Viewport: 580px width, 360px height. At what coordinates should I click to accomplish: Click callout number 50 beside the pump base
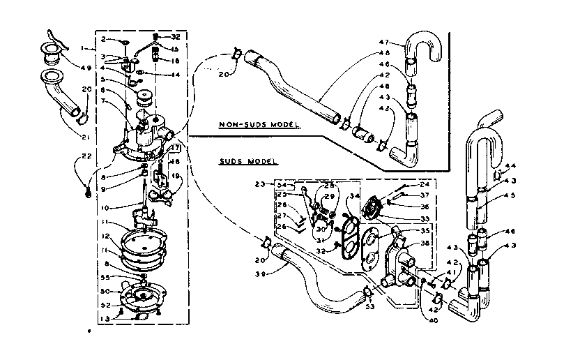coord(105,291)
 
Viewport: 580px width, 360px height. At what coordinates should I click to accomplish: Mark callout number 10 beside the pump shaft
coord(105,208)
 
